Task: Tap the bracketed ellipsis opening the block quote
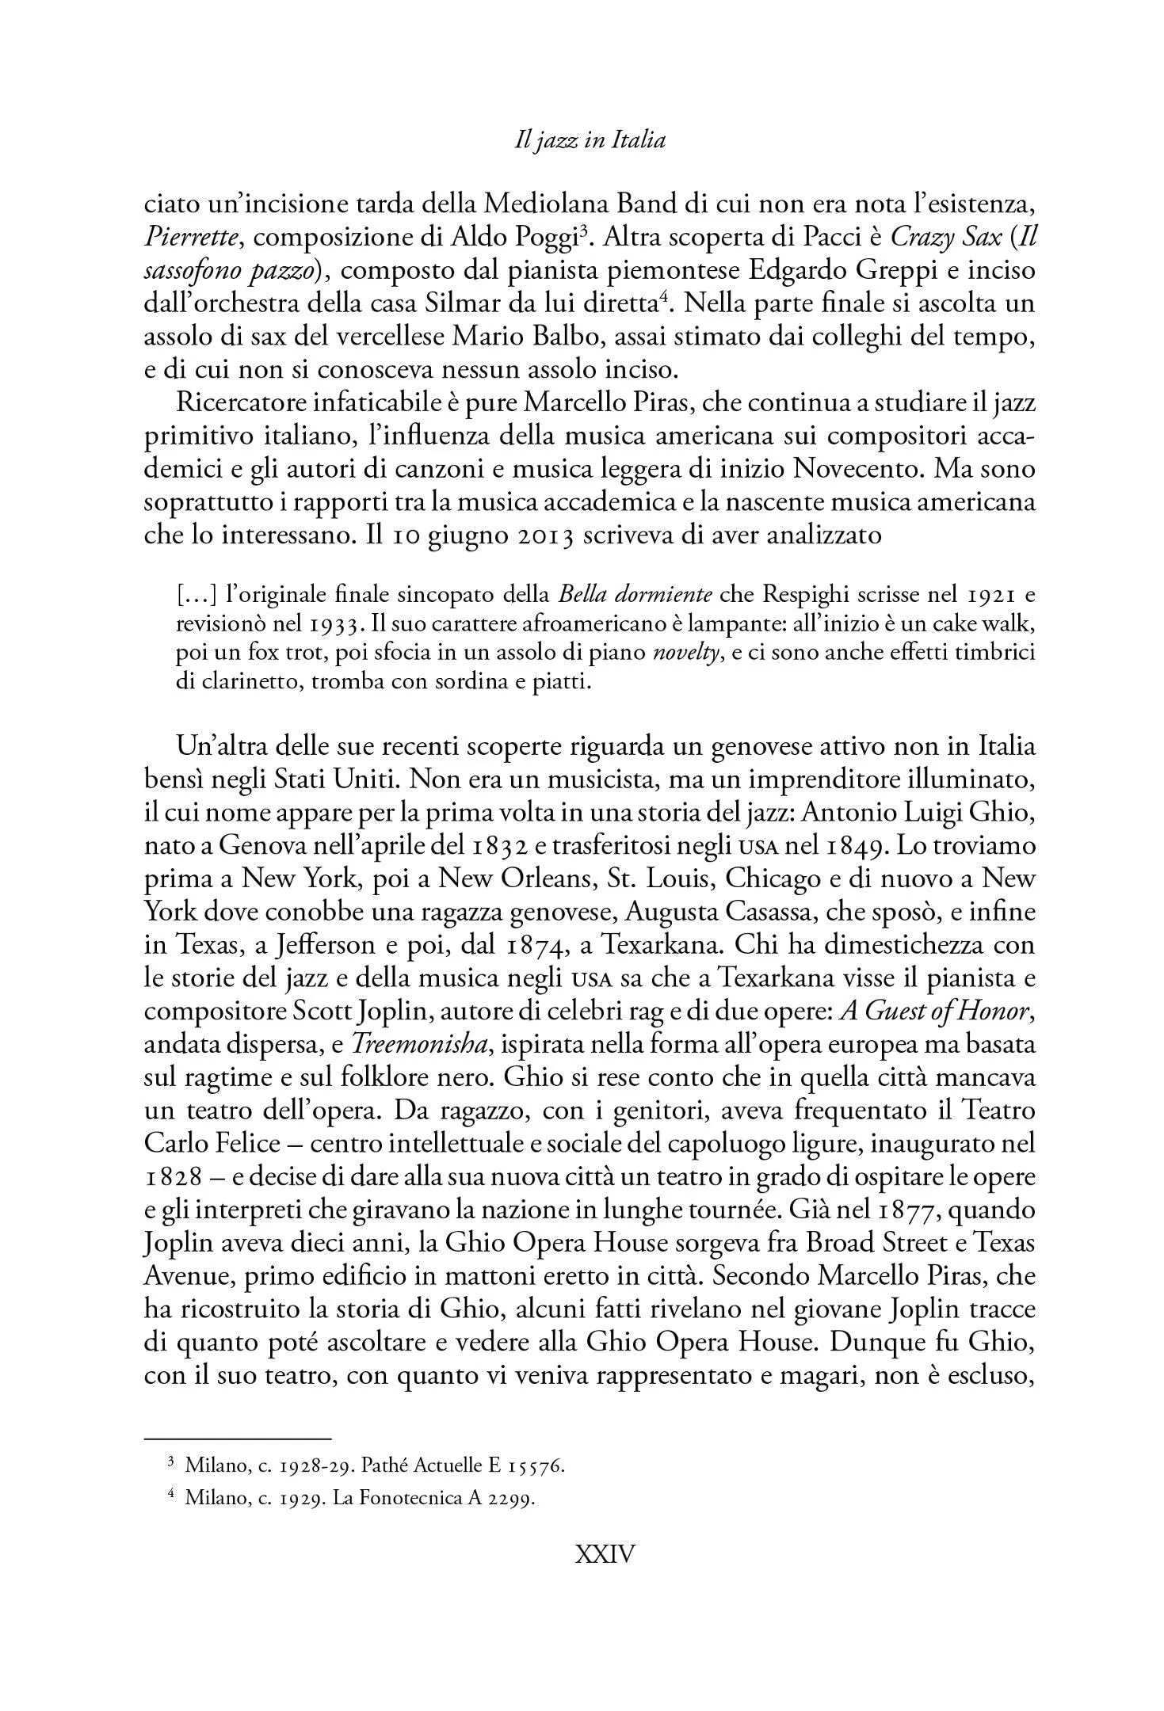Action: point(194,593)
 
